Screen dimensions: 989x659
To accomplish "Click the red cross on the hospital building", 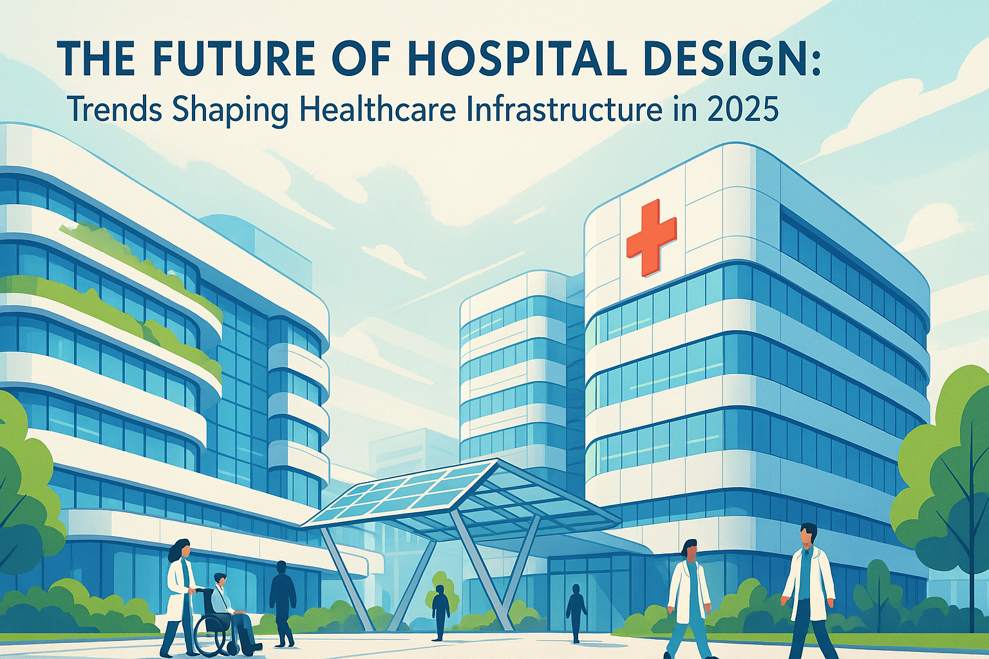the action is click(x=651, y=238).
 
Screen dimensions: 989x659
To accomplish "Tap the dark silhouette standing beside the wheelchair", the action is click(x=283, y=603).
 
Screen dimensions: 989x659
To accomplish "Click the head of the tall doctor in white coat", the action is click(x=808, y=536).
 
